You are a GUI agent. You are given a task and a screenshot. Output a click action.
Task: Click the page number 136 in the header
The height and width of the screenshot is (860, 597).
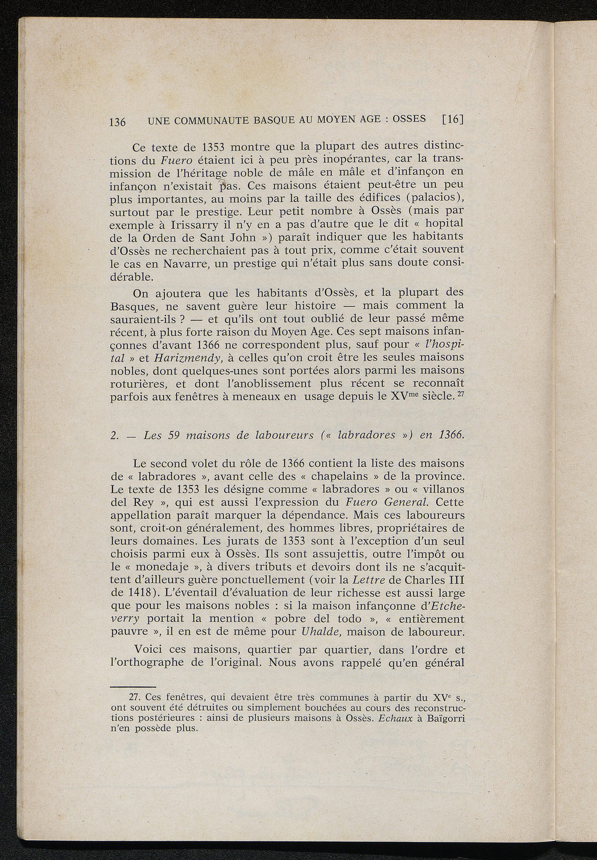118,122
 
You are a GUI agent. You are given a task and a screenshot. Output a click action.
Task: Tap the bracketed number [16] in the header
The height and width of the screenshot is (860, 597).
452,120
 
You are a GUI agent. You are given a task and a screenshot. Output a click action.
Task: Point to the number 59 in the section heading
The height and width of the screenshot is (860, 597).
175,435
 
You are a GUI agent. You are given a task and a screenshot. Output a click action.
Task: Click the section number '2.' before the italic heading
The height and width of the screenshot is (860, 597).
115,435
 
